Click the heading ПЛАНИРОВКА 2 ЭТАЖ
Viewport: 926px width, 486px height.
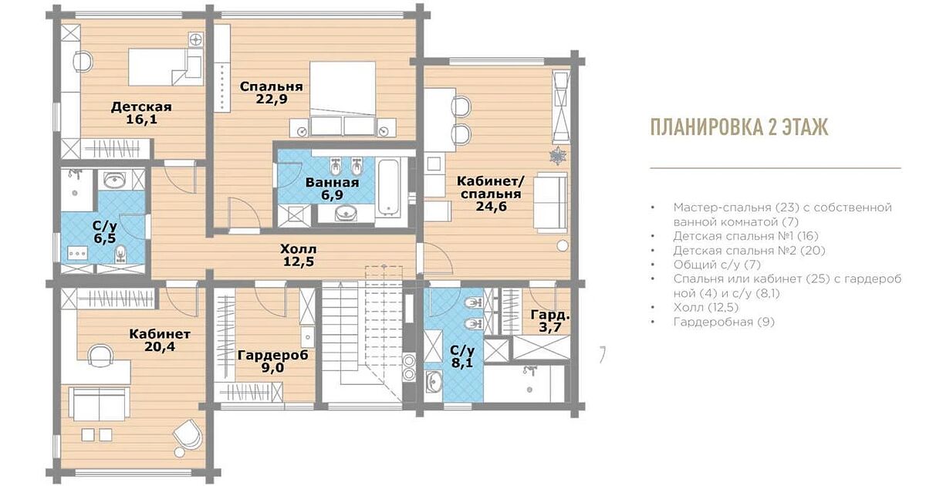[x=739, y=127]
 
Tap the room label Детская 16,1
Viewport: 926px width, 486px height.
[x=141, y=113]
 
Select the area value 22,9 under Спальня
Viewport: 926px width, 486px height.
[x=272, y=100]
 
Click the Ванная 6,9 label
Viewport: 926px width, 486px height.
[x=332, y=188]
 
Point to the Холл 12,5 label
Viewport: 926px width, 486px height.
[x=299, y=255]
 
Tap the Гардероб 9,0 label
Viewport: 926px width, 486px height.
[x=273, y=361]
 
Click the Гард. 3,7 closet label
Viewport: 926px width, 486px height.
[x=550, y=321]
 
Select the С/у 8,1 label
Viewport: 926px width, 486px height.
[x=462, y=356]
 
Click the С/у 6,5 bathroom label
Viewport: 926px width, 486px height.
[x=105, y=232]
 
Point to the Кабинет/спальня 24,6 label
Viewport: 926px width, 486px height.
[x=491, y=194]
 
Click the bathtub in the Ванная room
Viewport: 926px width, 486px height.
[x=387, y=187]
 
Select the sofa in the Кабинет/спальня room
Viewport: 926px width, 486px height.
[x=550, y=203]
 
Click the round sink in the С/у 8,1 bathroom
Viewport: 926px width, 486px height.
[x=434, y=380]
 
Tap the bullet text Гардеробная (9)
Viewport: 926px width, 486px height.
[x=724, y=322]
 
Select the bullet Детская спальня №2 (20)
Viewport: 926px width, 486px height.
[x=749, y=251]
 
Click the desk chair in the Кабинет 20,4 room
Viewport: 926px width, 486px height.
[x=100, y=355]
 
